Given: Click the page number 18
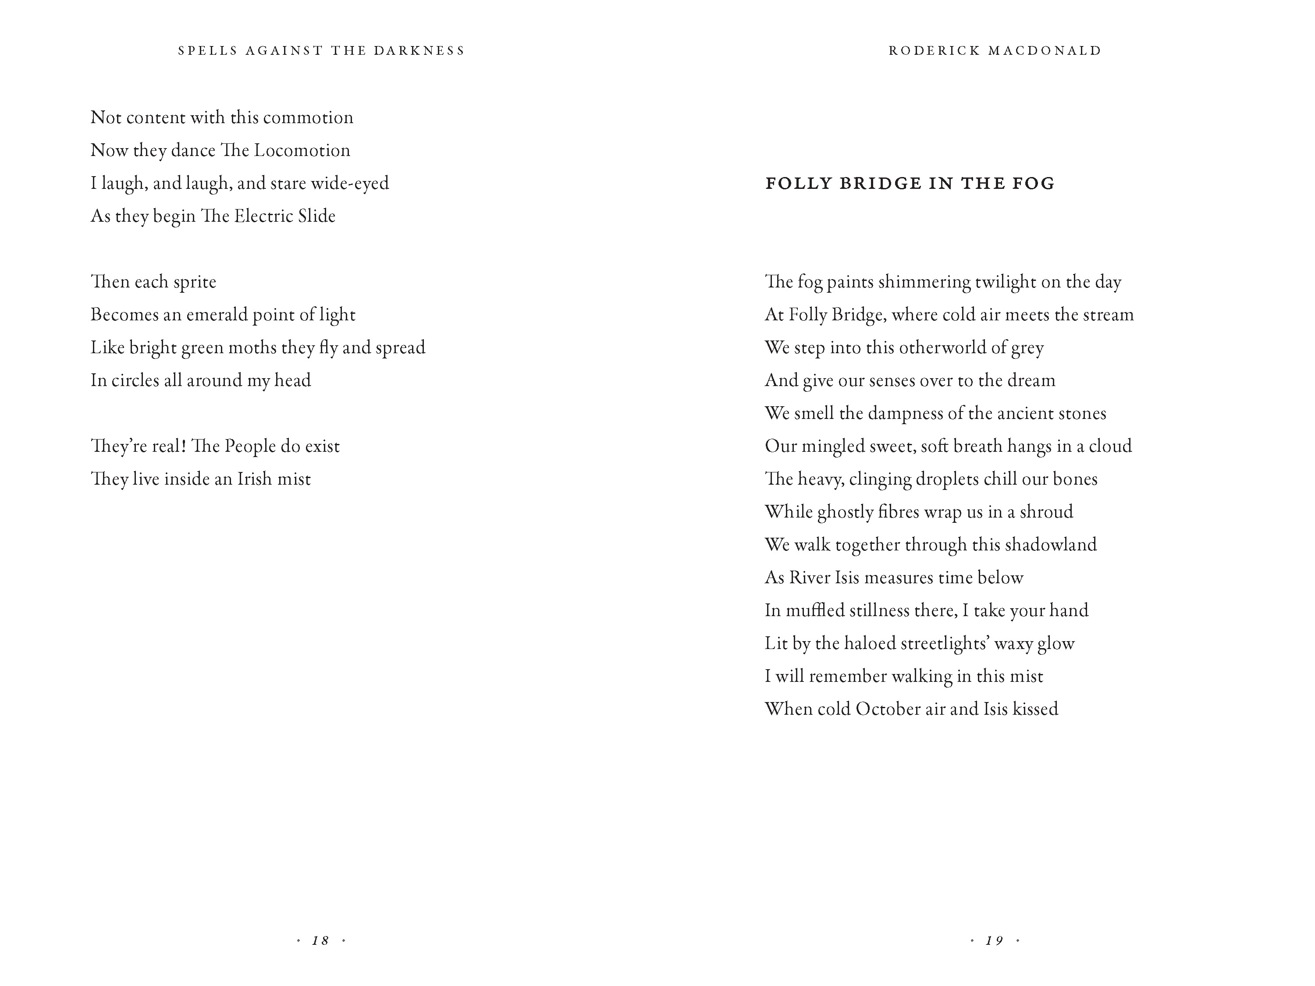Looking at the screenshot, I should pyautogui.click(x=320, y=940).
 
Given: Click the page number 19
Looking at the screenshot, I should pyautogui.click(x=995, y=940).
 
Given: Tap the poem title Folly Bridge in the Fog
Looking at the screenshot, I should pyautogui.click(x=910, y=183).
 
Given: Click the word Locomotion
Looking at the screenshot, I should pyautogui.click(x=302, y=150).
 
